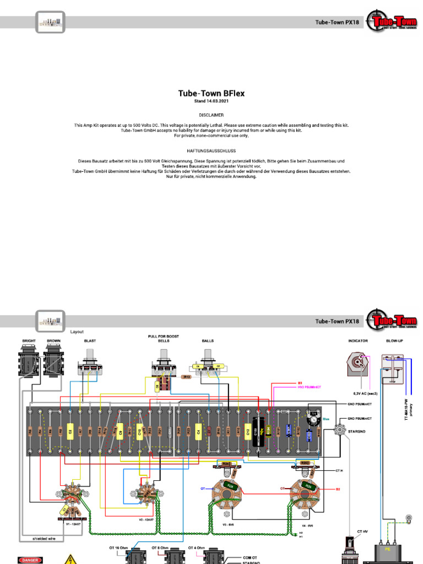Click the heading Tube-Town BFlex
point(211,94)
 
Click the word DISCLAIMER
point(211,116)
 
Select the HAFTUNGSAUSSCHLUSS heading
point(211,150)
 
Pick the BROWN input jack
point(53,364)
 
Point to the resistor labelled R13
point(186,377)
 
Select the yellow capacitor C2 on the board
point(70,430)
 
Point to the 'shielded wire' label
point(44,539)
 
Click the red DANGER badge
point(29,560)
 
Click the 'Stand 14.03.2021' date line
point(211,101)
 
